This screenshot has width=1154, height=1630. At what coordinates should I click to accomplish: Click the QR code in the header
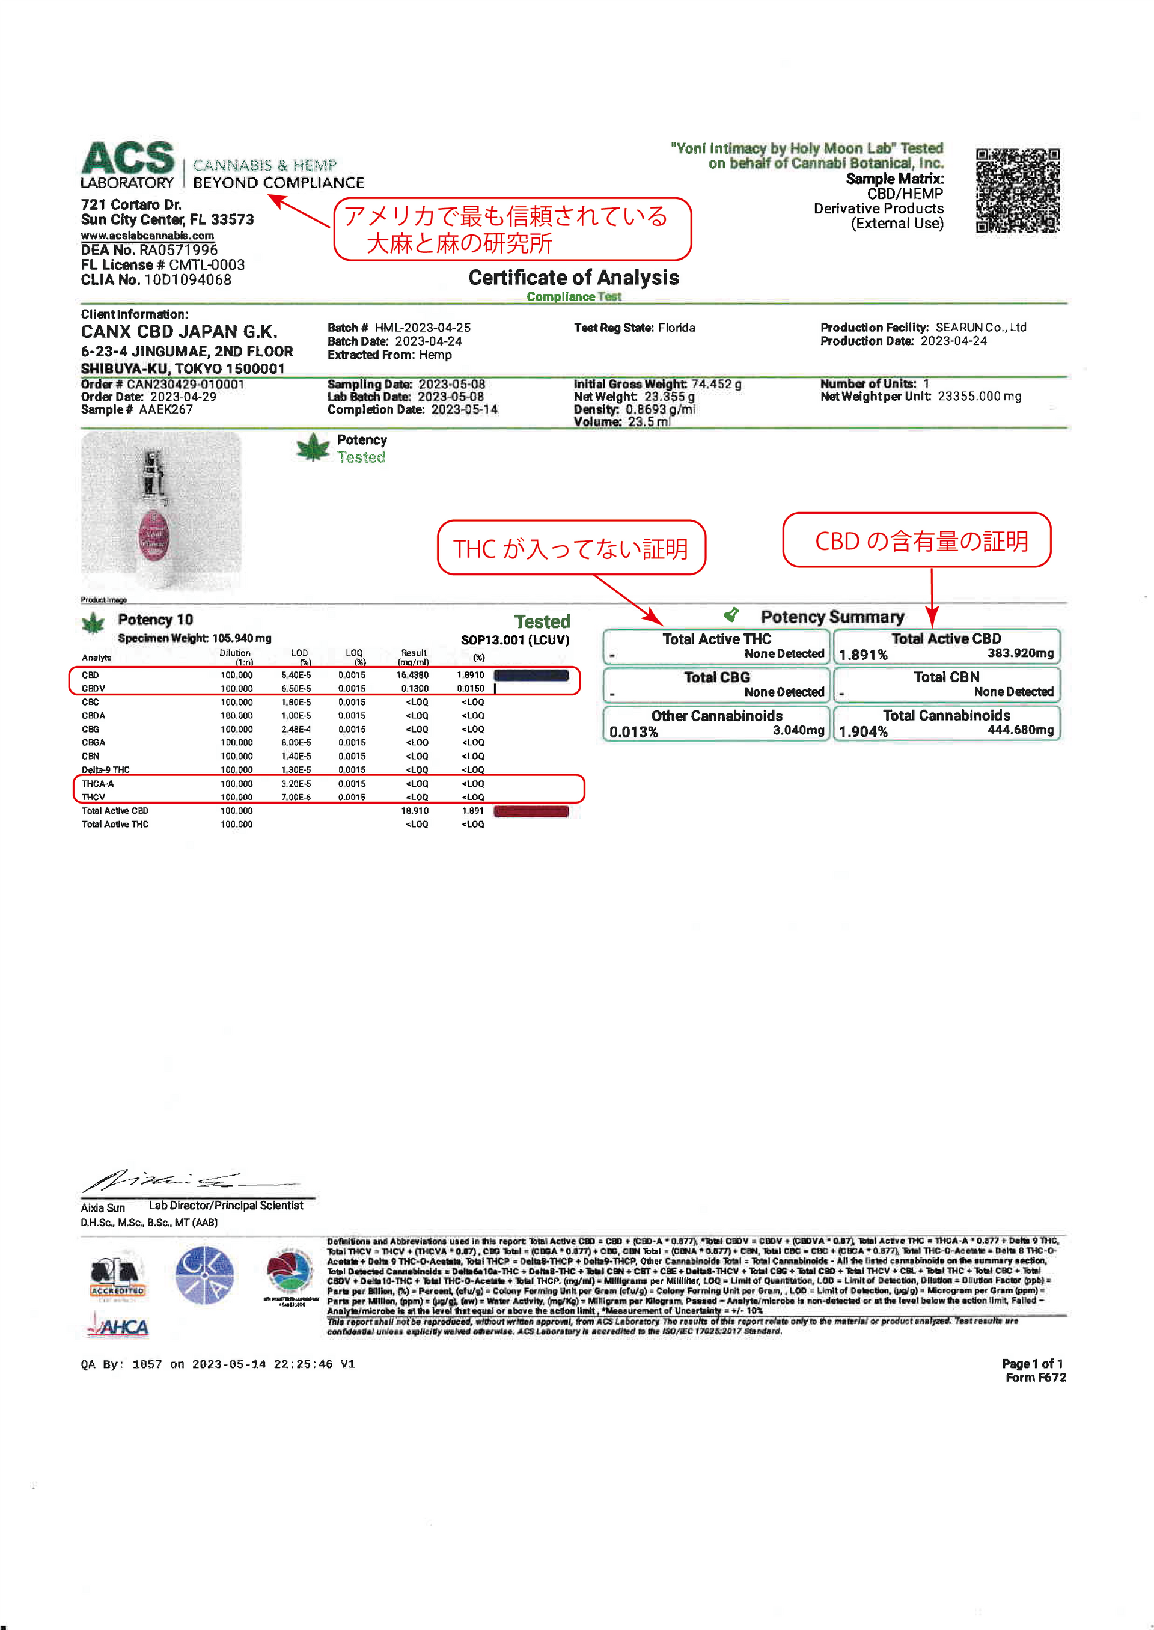pos(1018,191)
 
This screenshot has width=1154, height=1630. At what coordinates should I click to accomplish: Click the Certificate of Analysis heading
pos(573,278)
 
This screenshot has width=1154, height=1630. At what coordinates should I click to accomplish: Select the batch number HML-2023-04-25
pos(423,328)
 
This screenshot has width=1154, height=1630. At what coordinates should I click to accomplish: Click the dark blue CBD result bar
pos(531,676)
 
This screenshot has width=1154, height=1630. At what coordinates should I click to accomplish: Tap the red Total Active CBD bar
pos(531,811)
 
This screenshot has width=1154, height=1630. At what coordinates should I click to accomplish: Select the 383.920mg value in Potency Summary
pos(1021,653)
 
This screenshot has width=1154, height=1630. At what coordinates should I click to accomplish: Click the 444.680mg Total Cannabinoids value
pos(1021,730)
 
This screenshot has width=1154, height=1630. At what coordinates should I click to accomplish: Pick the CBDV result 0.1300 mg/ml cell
pos(414,689)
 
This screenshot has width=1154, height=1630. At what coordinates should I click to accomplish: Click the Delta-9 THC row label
pos(106,769)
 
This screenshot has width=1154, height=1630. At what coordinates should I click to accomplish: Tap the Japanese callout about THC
pos(572,548)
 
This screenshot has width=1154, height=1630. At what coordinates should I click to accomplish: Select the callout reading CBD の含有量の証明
pos(917,541)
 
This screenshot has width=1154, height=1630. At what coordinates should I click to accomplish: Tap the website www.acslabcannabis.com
pos(147,236)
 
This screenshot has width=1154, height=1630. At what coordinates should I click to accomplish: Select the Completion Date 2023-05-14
pos(464,410)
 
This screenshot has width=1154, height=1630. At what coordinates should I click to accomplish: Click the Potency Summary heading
pos(832,617)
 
